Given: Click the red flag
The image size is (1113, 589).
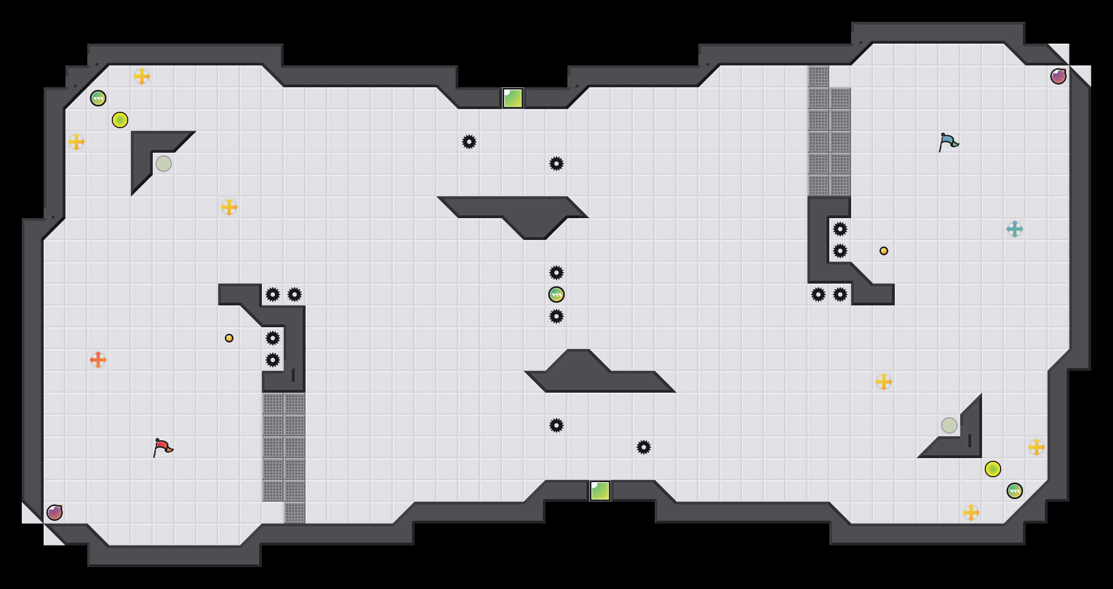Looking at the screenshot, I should (163, 447).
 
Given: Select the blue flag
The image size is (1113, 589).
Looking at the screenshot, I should (948, 142).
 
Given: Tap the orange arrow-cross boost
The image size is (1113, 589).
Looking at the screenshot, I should (98, 360).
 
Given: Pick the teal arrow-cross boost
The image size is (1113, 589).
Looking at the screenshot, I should (1015, 229).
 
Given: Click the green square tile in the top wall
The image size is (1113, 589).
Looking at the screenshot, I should (513, 98).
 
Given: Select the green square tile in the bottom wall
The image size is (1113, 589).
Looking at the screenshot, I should (600, 491).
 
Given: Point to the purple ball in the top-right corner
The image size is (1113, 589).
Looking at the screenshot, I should (1058, 76).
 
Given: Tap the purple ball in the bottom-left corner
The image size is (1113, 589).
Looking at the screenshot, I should (55, 513).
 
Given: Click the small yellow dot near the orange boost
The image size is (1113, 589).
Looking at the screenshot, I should (229, 338).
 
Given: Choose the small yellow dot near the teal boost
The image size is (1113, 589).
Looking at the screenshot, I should (884, 251).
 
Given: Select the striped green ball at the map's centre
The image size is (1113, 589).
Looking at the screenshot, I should (556, 294).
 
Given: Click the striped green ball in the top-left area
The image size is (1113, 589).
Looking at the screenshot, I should (98, 98).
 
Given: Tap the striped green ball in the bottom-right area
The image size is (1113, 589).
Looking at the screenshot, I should (1015, 491).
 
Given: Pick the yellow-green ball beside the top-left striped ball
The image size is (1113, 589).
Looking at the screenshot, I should (120, 120).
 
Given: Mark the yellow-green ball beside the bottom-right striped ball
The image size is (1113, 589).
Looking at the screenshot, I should (993, 469).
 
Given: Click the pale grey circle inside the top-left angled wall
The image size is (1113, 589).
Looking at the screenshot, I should (164, 164).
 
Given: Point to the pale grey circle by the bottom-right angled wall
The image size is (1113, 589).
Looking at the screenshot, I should (949, 425).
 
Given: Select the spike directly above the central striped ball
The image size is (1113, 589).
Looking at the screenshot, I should (556, 273).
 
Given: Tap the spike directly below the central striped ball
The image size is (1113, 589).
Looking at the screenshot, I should (556, 316).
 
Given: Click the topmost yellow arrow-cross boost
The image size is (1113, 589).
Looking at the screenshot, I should (142, 76).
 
